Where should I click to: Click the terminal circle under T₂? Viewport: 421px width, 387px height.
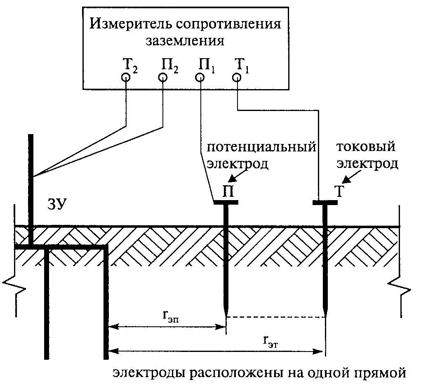[126, 77]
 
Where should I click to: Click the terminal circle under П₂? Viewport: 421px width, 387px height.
[163, 77]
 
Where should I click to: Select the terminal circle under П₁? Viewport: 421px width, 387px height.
[200, 77]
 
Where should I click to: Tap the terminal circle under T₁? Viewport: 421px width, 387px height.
[237, 77]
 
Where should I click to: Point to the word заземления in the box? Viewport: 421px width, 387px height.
[185, 41]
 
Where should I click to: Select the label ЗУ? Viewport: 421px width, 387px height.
[57, 205]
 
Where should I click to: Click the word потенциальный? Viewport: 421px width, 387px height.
[261, 147]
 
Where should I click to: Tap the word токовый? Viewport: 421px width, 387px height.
[366, 147]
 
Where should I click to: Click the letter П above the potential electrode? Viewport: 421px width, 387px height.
[228, 191]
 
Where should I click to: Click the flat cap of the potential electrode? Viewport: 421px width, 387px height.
[226, 203]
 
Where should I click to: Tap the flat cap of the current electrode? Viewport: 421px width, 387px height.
[325, 203]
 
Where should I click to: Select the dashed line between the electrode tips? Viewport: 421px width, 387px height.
[276, 317]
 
